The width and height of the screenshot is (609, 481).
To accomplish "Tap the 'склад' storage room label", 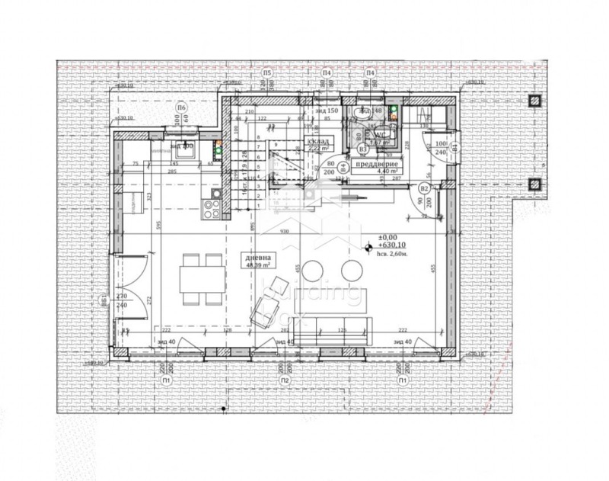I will point(318,142).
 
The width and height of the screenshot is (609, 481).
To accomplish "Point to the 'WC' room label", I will point(379,133).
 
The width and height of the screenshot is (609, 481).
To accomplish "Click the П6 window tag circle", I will point(181,107).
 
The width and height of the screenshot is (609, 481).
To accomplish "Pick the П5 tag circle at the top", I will point(267,73).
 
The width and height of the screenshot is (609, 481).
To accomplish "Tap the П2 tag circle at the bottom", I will point(284,379).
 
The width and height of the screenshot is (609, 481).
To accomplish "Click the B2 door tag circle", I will point(426,188).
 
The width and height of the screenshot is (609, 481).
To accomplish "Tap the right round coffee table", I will point(351,271).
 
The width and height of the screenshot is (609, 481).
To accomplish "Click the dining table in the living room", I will point(203,279).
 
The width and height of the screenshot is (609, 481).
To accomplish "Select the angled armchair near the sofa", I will point(266,308).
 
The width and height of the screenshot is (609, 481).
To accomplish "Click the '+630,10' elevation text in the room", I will point(394,247).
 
